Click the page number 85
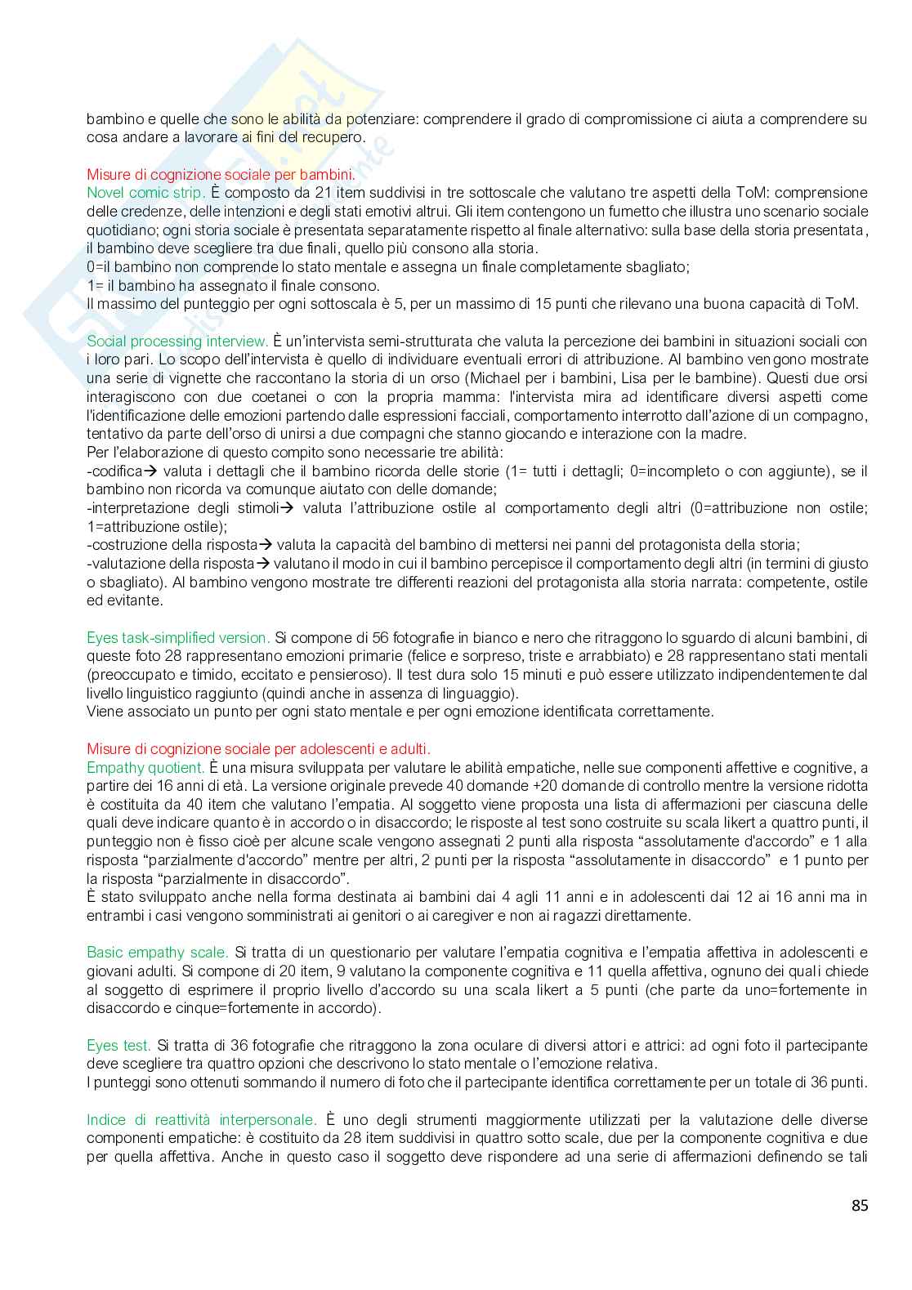tap(859, 1205)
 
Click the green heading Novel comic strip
tap(145, 193)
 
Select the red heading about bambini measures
tap(221, 174)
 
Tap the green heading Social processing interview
tap(177, 341)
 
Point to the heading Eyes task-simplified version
tap(178, 637)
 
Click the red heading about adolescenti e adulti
tap(258, 748)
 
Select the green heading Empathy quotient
tap(145, 767)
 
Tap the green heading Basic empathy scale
tap(158, 952)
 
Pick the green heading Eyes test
tap(118, 1045)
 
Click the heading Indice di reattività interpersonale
tap(202, 1119)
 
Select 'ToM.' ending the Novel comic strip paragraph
tap(842, 304)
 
